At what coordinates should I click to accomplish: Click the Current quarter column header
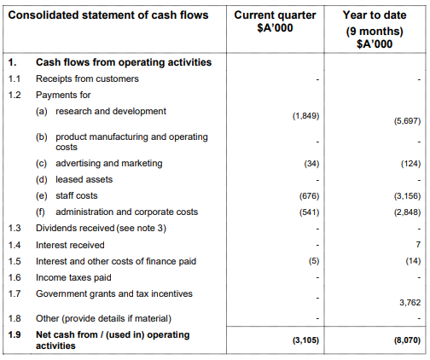coord(275,21)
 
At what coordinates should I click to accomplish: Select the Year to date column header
coord(375,29)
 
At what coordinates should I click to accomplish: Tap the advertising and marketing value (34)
coord(311,164)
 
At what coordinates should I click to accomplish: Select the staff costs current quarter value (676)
coord(309,196)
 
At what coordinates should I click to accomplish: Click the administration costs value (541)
coord(309,212)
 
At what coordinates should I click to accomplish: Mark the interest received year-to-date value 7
coord(418,244)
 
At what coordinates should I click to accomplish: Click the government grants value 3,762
coord(410,302)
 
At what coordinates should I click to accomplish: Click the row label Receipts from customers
coord(87,78)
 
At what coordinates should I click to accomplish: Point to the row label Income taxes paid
coord(73,277)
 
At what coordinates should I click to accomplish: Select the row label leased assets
coord(84,179)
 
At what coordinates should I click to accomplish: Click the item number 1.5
coord(15,261)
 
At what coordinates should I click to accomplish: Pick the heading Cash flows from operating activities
coord(124,62)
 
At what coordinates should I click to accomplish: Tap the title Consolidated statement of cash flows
coord(108,15)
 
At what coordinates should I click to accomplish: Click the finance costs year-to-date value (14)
coord(413,261)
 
